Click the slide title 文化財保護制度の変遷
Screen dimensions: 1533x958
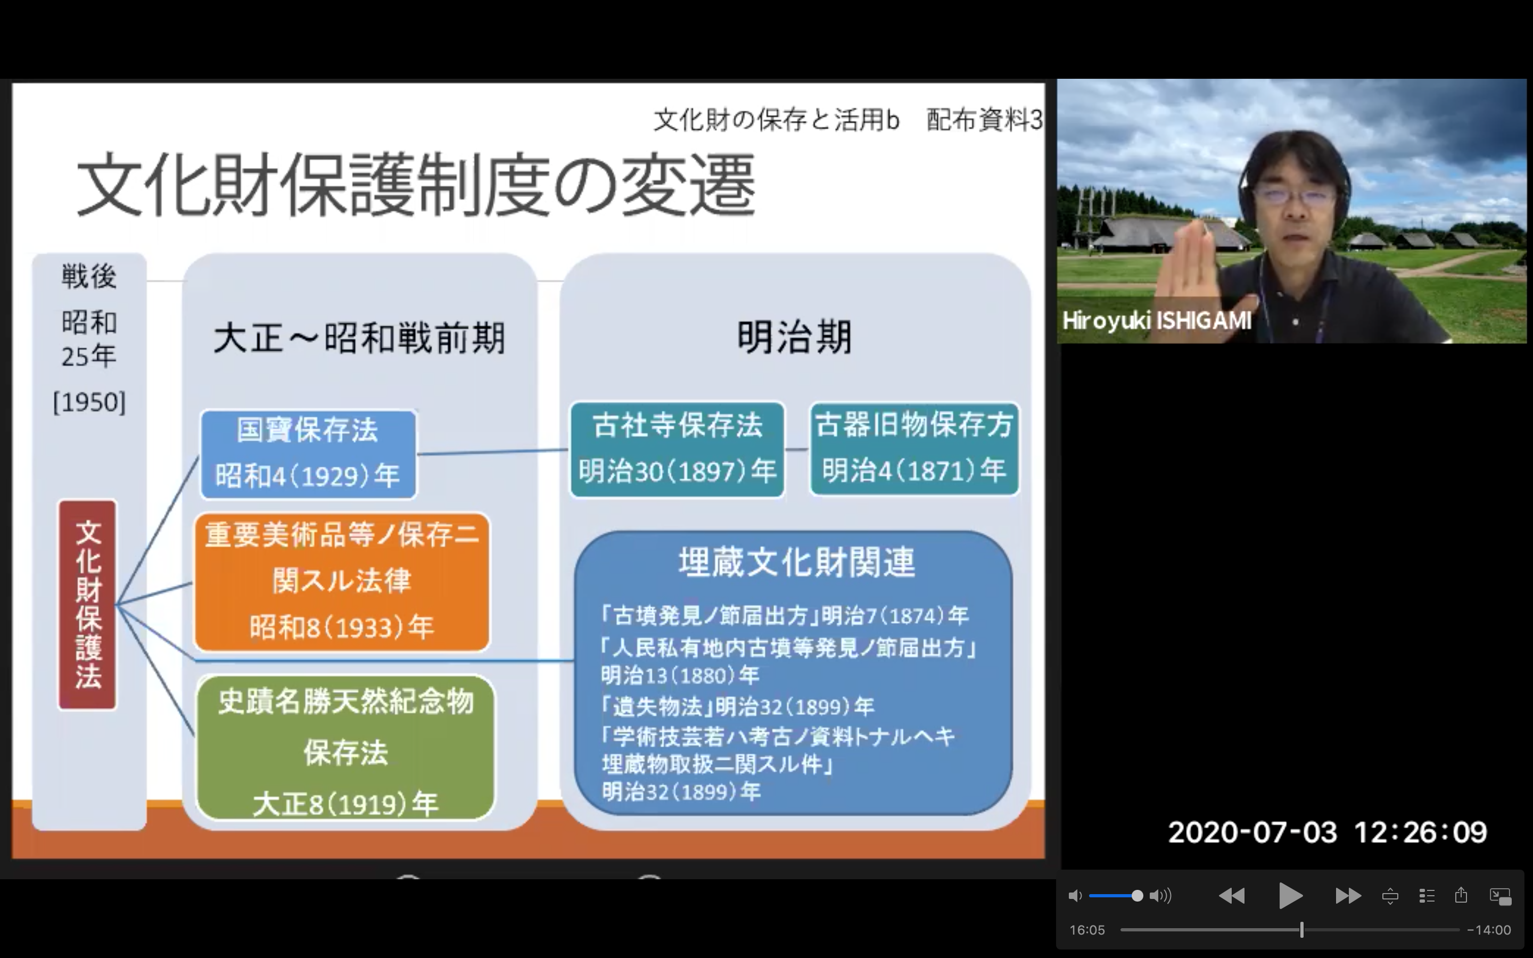(416, 185)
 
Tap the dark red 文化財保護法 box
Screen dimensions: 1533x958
(87, 605)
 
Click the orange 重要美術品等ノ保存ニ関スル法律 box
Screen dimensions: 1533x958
(342, 582)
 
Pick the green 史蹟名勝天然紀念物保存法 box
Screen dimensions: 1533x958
(346, 748)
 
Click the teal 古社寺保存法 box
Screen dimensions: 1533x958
(677, 449)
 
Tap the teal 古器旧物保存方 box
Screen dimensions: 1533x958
(914, 449)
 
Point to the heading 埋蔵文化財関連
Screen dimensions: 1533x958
(797, 563)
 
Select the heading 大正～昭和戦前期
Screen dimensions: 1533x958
(359, 338)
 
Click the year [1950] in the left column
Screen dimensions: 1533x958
(89, 402)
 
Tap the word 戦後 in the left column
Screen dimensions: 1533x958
(89, 277)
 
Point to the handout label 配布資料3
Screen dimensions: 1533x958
(984, 120)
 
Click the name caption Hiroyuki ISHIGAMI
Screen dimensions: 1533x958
(1157, 320)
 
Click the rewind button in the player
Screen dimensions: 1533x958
(1232, 896)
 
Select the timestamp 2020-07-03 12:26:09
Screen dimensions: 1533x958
(1327, 832)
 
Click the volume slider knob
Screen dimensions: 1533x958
(1137, 896)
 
